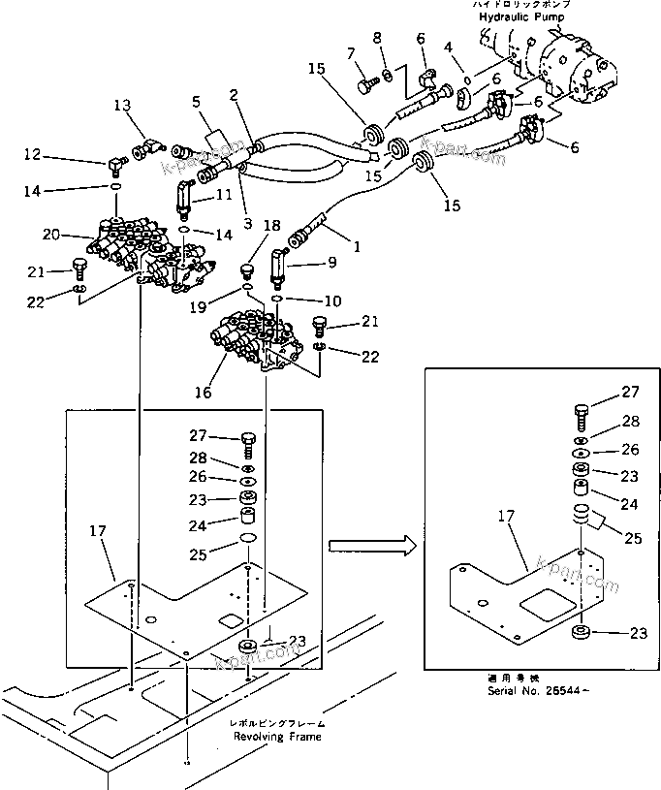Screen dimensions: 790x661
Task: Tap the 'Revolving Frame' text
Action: point(278,736)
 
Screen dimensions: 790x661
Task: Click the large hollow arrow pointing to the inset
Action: point(364,546)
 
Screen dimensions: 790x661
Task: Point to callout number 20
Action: point(51,234)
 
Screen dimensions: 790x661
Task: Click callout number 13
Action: point(121,105)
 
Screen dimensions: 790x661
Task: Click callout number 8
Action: point(378,40)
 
